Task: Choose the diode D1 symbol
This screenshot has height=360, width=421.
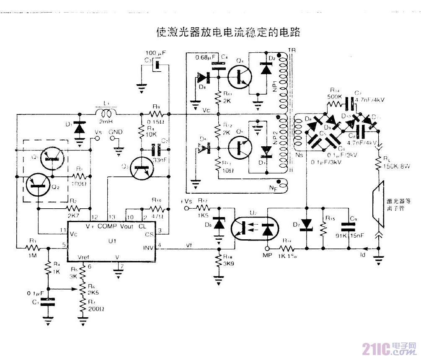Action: coord(78,128)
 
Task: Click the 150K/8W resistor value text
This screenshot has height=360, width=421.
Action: coord(395,166)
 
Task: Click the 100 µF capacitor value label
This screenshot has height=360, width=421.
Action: coord(155,54)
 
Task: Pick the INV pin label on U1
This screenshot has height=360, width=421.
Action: coord(148,247)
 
